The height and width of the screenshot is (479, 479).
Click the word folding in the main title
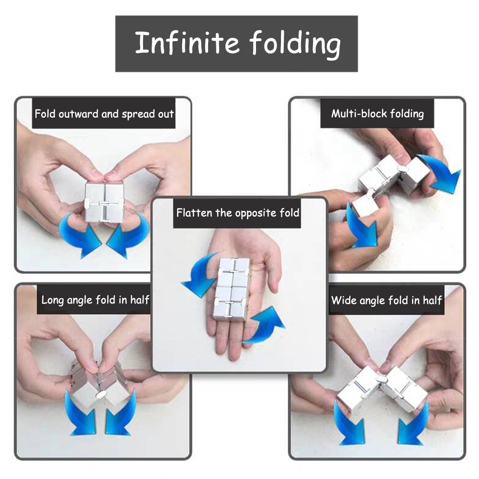(295, 45)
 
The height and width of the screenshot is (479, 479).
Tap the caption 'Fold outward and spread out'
(104, 113)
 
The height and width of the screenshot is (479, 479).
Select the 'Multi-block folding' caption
(378, 113)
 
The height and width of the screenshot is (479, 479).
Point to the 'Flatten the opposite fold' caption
(238, 213)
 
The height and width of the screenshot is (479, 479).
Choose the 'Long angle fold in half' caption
(95, 300)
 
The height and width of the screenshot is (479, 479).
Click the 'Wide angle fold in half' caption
(387, 301)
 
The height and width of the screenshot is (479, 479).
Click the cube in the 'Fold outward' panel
(104, 202)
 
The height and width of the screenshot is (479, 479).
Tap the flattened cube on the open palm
(231, 288)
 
